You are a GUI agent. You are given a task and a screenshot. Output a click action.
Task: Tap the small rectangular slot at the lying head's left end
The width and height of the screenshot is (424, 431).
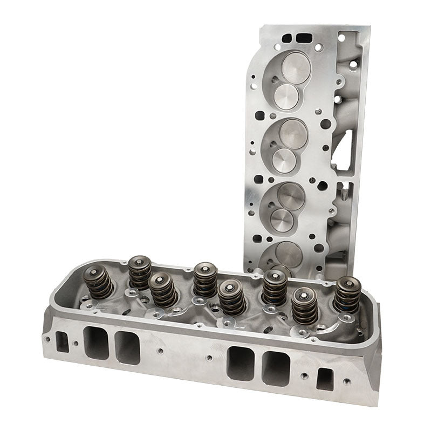[63, 341]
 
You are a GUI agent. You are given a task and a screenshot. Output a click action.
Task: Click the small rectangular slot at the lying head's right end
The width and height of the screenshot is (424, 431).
[324, 378]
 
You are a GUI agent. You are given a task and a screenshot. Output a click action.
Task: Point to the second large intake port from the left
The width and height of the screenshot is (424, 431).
[127, 347]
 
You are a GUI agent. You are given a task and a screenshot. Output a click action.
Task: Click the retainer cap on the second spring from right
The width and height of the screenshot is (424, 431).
[305, 295]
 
